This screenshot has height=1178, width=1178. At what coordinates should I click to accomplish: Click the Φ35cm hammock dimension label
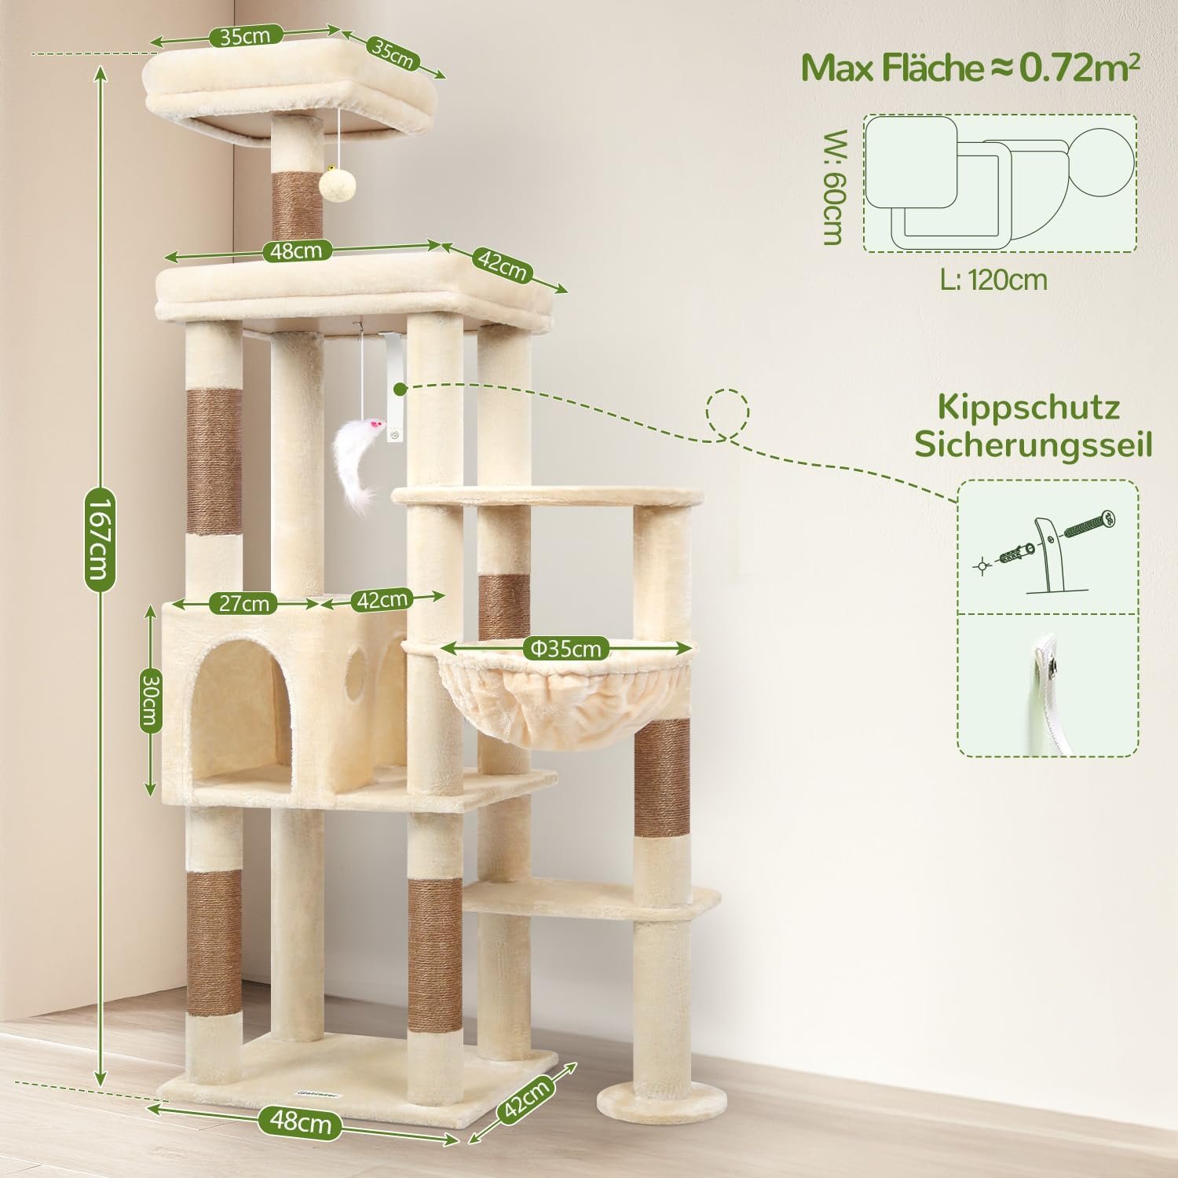565,649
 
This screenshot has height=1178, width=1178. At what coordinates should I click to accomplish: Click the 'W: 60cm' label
832,185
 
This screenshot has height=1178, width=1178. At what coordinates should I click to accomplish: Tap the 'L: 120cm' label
993,279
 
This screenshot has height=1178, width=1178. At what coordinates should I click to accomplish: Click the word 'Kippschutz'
1028,408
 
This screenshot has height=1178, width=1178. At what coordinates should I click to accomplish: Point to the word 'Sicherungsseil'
1033,444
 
